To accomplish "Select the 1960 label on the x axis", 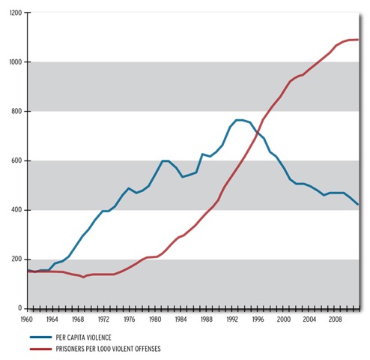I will [x=28, y=319].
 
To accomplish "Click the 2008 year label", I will [x=334, y=319].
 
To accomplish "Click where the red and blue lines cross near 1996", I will [x=257, y=133].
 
